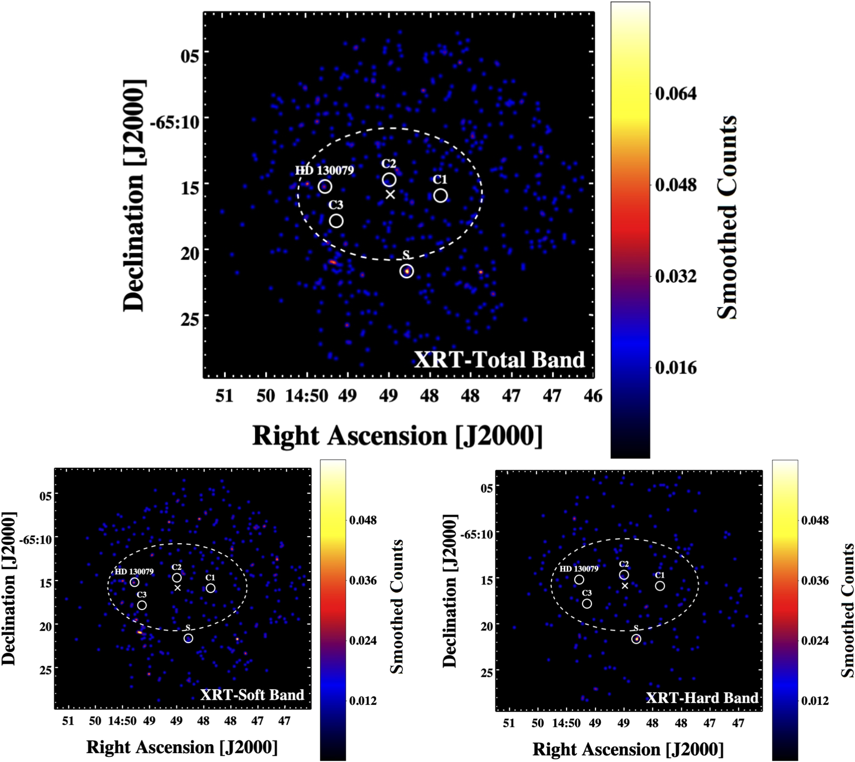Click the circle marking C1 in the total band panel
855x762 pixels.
pyautogui.click(x=440, y=196)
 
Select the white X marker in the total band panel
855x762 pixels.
pyautogui.click(x=390, y=194)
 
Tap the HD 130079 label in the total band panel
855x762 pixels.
pyautogui.click(x=324, y=171)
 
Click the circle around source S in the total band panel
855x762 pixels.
pyautogui.click(x=407, y=271)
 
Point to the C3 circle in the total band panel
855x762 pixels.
pyautogui.click(x=336, y=221)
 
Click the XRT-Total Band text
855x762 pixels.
pyautogui.click(x=499, y=360)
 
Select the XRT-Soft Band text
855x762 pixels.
pyautogui.click(x=252, y=695)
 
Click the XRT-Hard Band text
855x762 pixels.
pyautogui.click(x=702, y=697)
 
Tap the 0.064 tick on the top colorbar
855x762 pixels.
pyautogui.click(x=676, y=94)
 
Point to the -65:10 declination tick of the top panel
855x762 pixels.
pyautogui.click(x=174, y=123)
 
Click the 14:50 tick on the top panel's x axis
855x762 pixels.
pyautogui.click(x=307, y=396)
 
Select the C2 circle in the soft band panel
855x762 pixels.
pyautogui.click(x=177, y=578)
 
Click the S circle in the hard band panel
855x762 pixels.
pyautogui.click(x=636, y=639)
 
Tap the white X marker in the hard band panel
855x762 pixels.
pyautogui.click(x=625, y=586)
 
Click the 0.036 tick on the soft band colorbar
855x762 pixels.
pyautogui.click(x=363, y=580)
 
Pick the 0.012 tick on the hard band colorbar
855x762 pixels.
pyautogui.click(x=815, y=701)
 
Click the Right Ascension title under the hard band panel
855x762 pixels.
pyautogui.click(x=628, y=749)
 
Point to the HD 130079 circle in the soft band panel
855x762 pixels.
pyautogui.click(x=135, y=583)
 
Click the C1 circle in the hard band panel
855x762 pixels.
pyautogui.click(x=660, y=586)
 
